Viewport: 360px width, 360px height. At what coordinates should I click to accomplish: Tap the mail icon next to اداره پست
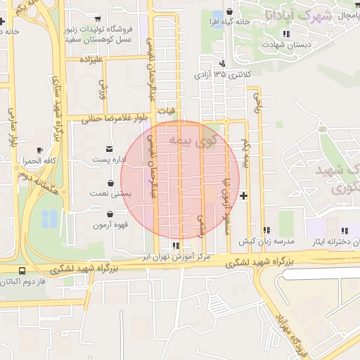(109, 148)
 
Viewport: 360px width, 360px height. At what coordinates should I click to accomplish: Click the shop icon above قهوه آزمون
(109, 214)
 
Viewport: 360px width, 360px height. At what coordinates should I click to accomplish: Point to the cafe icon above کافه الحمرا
(39, 150)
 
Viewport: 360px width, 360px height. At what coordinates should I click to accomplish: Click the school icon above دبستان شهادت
(285, 34)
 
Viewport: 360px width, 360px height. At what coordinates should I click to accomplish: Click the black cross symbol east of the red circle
(243, 195)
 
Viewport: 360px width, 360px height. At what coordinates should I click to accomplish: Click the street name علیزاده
(92, 59)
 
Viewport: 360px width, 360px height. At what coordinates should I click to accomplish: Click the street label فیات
(167, 110)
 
